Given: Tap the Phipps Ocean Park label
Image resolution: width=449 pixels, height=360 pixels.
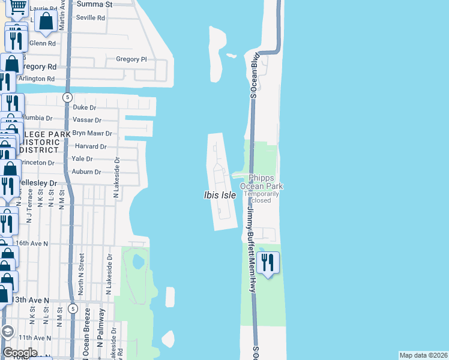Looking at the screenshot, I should click(261, 182).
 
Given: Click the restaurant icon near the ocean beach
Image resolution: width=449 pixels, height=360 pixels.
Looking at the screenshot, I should click(267, 262).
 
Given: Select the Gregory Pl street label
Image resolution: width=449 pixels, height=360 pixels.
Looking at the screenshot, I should click(131, 59).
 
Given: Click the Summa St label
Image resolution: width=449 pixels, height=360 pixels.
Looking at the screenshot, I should click(95, 4).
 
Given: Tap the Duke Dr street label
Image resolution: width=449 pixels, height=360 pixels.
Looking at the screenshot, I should click(84, 107).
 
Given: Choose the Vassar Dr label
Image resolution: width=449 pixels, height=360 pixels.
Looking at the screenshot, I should click(87, 121).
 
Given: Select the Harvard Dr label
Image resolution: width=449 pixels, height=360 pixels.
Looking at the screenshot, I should click(90, 146).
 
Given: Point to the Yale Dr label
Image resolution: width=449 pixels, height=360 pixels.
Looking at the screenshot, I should click(82, 159).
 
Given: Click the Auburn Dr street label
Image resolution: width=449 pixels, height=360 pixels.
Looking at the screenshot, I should click(86, 172).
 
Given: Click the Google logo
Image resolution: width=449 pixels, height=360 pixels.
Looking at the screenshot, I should click(20, 353).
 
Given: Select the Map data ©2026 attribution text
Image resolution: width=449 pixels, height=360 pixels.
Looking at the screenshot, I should click(423, 355).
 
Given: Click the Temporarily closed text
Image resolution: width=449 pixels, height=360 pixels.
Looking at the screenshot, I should click(261, 197).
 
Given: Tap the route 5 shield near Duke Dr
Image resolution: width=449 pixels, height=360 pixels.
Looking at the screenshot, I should click(68, 97).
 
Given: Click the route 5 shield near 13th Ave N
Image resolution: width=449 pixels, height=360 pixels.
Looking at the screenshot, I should click(73, 308).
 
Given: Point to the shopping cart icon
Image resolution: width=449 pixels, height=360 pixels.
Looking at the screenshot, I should click(18, 7).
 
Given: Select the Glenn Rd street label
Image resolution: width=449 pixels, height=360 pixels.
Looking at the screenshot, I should click(42, 43).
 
